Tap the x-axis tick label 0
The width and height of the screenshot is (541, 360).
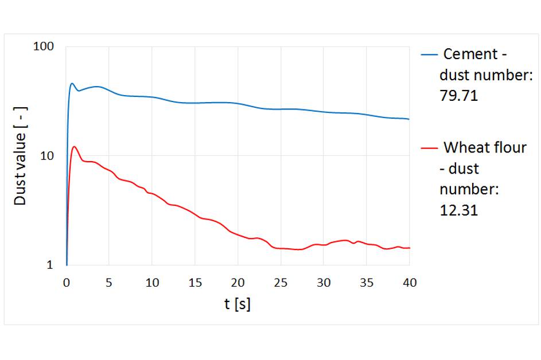[67, 283]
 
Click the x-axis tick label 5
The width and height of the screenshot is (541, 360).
[109, 283]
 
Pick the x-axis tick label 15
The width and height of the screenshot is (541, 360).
[195, 283]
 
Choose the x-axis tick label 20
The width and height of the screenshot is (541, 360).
[238, 283]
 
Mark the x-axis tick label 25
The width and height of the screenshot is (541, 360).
[281, 283]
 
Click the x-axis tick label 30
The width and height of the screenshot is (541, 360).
[324, 283]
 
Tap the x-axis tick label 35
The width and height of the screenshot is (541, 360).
[367, 283]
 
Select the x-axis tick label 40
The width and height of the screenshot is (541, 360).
[409, 283]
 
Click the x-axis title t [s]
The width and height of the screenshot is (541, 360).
[237, 304]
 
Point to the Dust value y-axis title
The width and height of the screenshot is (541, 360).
[21, 167]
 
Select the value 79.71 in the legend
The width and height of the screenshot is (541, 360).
[459, 96]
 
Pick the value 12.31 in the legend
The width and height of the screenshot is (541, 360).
[459, 210]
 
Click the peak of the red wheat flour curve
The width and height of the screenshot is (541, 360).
[74, 146]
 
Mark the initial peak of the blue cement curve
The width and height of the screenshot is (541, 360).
[72, 84]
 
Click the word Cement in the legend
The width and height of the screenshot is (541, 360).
[470, 54]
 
